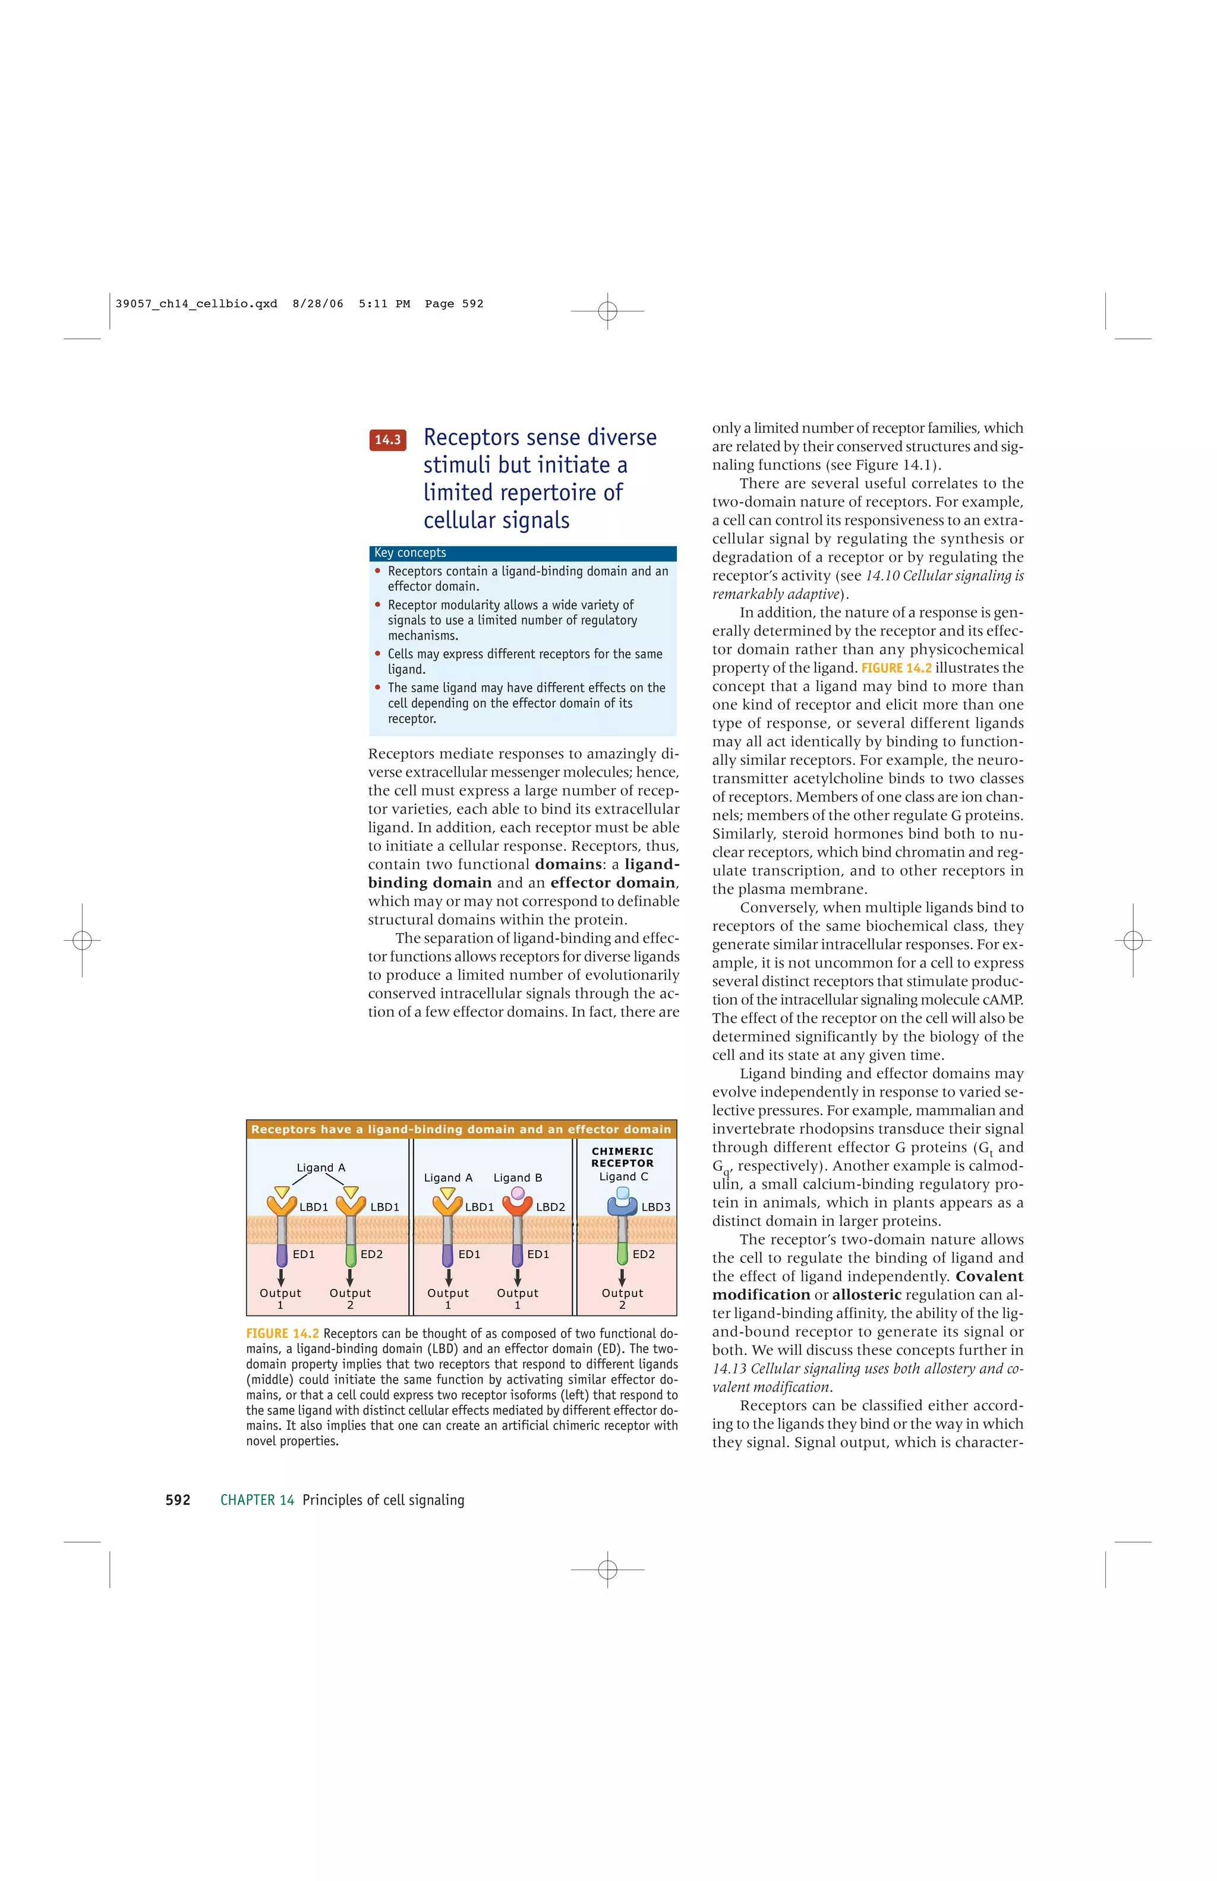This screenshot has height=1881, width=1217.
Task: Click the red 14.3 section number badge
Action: click(x=387, y=439)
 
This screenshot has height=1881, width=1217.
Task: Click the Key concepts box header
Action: click(x=522, y=553)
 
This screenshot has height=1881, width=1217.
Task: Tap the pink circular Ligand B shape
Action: click(x=518, y=1193)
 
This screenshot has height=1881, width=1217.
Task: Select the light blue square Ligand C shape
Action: click(x=623, y=1193)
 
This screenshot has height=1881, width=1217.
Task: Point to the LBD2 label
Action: click(x=550, y=1207)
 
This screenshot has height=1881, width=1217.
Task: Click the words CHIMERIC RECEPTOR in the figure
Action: click(x=623, y=1157)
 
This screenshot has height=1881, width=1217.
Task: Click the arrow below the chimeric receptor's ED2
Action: click(x=622, y=1277)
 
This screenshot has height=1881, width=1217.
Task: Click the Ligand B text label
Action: click(x=518, y=1177)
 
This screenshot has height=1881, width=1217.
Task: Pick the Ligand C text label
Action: click(x=623, y=1176)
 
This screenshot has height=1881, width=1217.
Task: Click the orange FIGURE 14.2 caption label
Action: click(x=282, y=1333)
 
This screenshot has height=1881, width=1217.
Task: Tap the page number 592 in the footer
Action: click(x=178, y=1500)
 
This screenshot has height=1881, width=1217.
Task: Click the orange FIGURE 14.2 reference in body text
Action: click(x=896, y=668)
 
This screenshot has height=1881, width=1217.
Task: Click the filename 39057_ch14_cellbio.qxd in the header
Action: click(x=196, y=304)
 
